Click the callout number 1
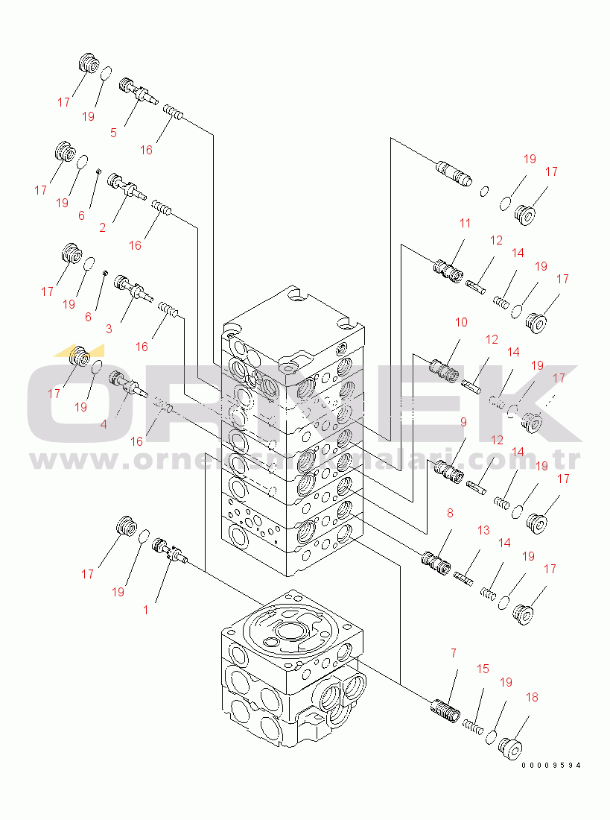(x=146, y=609)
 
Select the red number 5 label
(x=113, y=133)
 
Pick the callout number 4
(x=103, y=423)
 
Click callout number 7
(x=453, y=653)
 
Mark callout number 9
(x=463, y=422)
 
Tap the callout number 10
(x=461, y=322)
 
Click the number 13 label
(x=483, y=530)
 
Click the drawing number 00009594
(x=550, y=766)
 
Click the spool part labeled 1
(x=168, y=552)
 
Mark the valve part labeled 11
(x=447, y=269)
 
